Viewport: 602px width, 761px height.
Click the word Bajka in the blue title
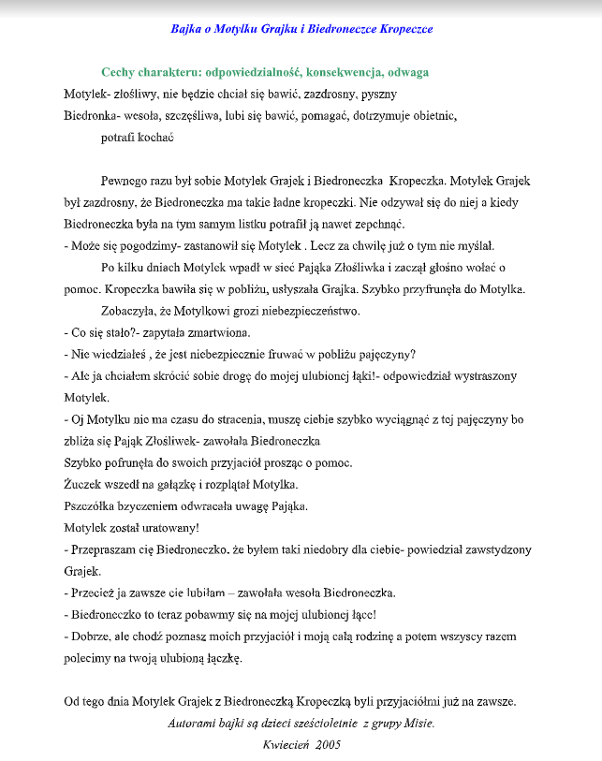point(186,29)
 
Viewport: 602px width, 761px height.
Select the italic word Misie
point(418,724)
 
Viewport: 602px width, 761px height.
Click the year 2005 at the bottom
point(328,745)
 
